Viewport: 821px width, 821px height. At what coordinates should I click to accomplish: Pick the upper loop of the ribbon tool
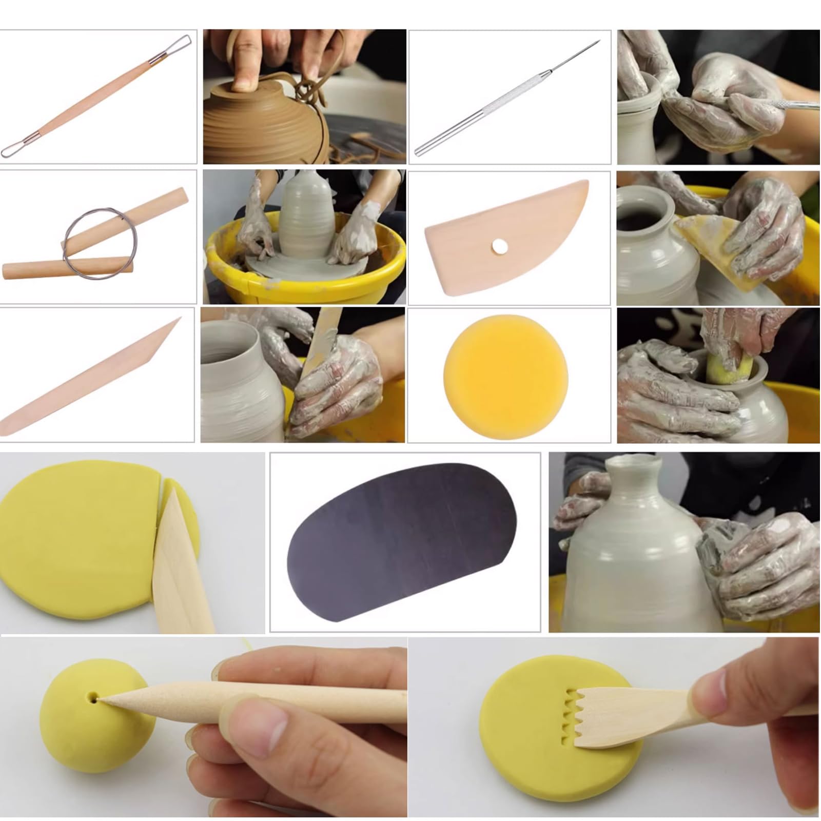coord(181,43)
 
